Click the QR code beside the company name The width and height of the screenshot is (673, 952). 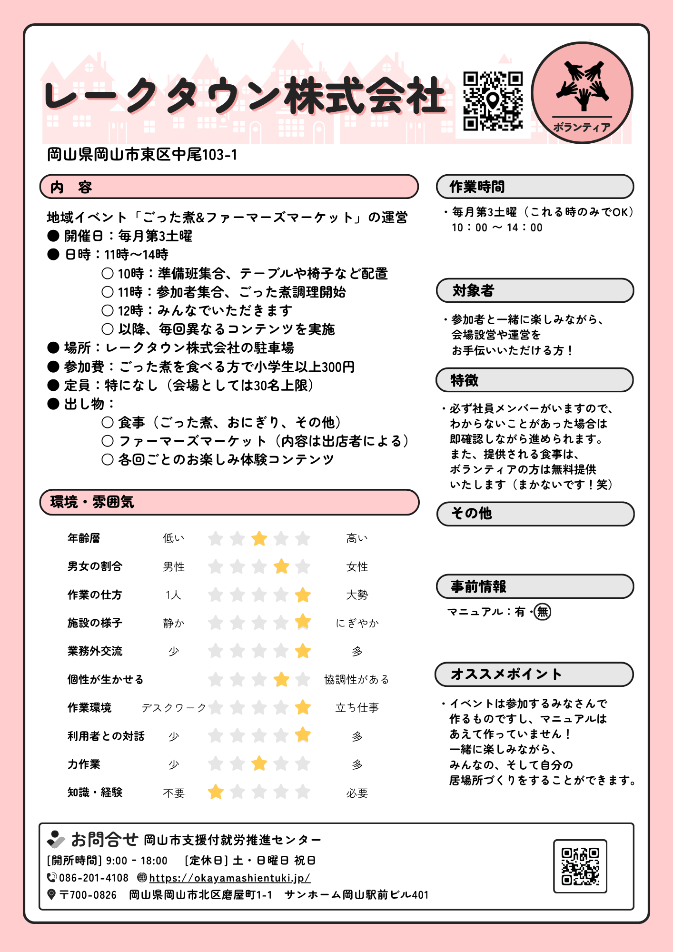pyautogui.click(x=493, y=101)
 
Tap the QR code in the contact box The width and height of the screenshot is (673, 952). pyautogui.click(x=580, y=866)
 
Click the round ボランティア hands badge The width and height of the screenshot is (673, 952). pyautogui.click(x=582, y=93)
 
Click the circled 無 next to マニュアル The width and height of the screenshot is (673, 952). pyautogui.click(x=543, y=612)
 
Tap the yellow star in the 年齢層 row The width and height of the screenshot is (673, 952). pyautogui.click(x=259, y=538)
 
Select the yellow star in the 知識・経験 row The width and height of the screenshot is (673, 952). pyautogui.click(x=216, y=792)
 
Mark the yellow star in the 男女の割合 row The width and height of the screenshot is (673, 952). pyautogui.click(x=281, y=566)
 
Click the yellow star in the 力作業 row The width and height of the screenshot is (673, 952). pyautogui.click(x=259, y=764)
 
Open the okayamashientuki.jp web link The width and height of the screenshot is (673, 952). pyautogui.click(x=230, y=878)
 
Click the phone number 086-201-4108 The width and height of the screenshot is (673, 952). pyautogui.click(x=94, y=878)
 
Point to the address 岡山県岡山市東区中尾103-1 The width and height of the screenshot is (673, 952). pyautogui.click(x=142, y=155)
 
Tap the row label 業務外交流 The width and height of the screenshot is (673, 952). pyautogui.click(x=95, y=651)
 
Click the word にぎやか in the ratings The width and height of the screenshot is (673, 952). pyautogui.click(x=357, y=623)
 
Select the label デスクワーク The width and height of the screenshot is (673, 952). pyautogui.click(x=174, y=708)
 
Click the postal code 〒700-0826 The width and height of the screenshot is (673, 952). pyautogui.click(x=88, y=895)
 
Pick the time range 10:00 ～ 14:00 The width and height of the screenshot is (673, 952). pyautogui.click(x=497, y=228)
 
